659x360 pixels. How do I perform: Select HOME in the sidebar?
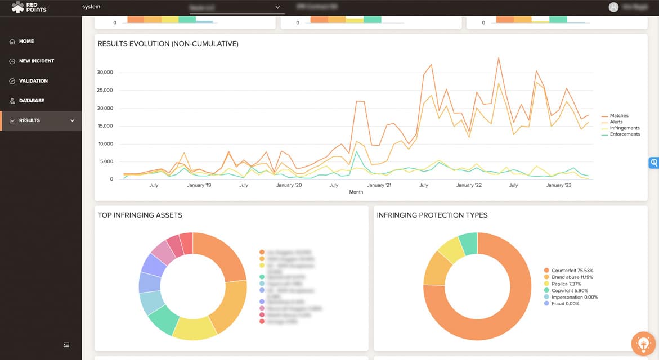26,41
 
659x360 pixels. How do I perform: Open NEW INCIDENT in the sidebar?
37,61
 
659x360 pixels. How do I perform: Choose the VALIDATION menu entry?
33,81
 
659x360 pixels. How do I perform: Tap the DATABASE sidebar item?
31,101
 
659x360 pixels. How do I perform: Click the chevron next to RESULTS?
72,120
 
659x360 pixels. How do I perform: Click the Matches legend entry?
618,116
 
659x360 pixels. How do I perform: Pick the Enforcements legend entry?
624,134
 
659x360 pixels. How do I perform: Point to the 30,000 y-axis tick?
105,72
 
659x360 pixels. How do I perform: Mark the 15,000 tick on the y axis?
105,126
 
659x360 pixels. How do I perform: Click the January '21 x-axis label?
379,185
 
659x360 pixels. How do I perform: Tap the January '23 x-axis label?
559,185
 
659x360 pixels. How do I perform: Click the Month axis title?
356,192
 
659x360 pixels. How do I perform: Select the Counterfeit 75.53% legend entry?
572,271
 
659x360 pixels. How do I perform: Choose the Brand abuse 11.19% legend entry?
572,277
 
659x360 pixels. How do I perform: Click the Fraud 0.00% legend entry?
565,304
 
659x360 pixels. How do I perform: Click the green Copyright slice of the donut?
468,244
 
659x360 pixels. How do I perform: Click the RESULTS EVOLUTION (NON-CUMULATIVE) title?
168,44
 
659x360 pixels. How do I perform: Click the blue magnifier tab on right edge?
653,163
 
